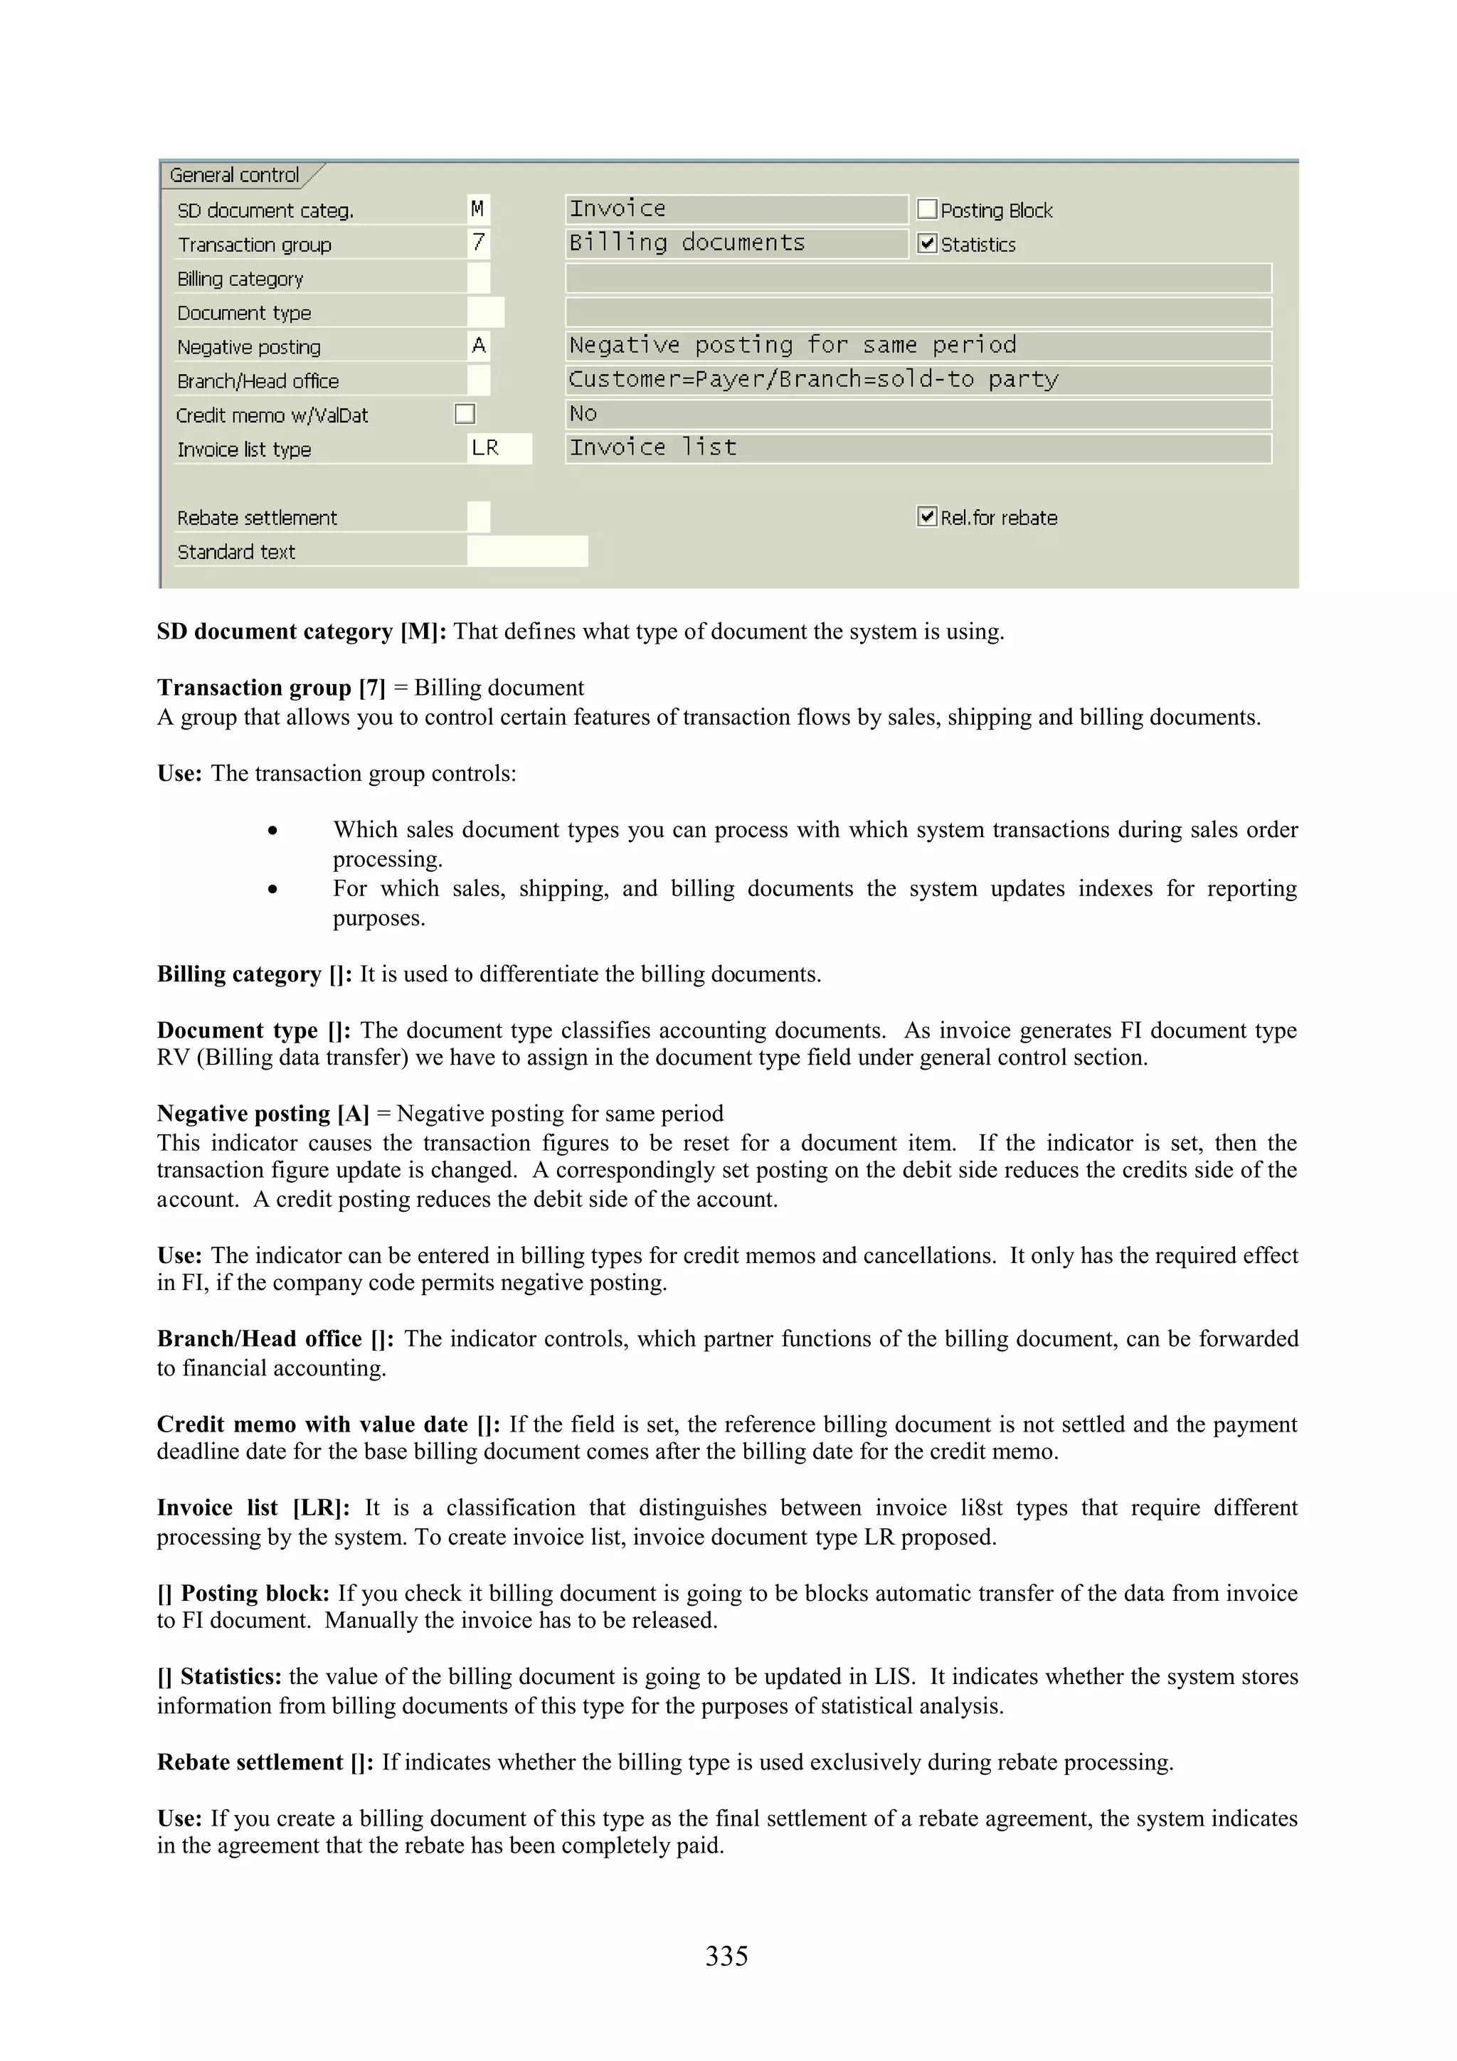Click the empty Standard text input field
[527, 551]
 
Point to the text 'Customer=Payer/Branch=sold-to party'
[813, 380]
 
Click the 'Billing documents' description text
[687, 243]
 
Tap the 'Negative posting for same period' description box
[918, 346]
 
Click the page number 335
[726, 1955]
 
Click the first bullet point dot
[272, 831]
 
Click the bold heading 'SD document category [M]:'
[302, 632]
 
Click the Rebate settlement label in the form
[257, 518]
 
